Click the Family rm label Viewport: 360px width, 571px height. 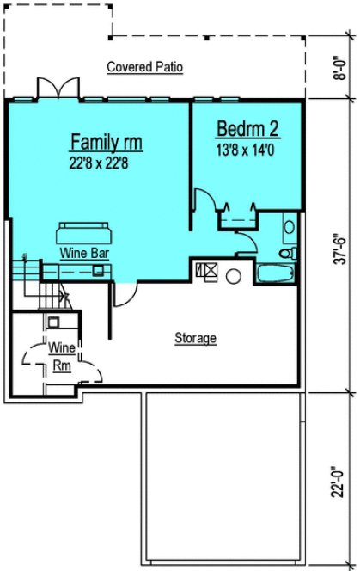106,141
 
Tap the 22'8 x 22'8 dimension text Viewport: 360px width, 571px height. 106,161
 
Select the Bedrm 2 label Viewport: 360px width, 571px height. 247,129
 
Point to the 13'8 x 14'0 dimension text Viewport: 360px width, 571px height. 247,148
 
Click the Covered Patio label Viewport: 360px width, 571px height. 144,67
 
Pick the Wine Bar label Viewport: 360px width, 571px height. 82,255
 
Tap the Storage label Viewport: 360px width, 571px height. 195,338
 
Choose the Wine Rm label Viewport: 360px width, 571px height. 60,356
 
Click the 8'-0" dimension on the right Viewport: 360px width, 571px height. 343,66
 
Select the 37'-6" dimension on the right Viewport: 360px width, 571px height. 343,243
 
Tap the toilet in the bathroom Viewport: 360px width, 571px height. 289,254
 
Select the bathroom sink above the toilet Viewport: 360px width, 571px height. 289,228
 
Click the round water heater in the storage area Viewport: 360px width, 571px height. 232,276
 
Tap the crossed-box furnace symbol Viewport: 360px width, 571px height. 206,270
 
